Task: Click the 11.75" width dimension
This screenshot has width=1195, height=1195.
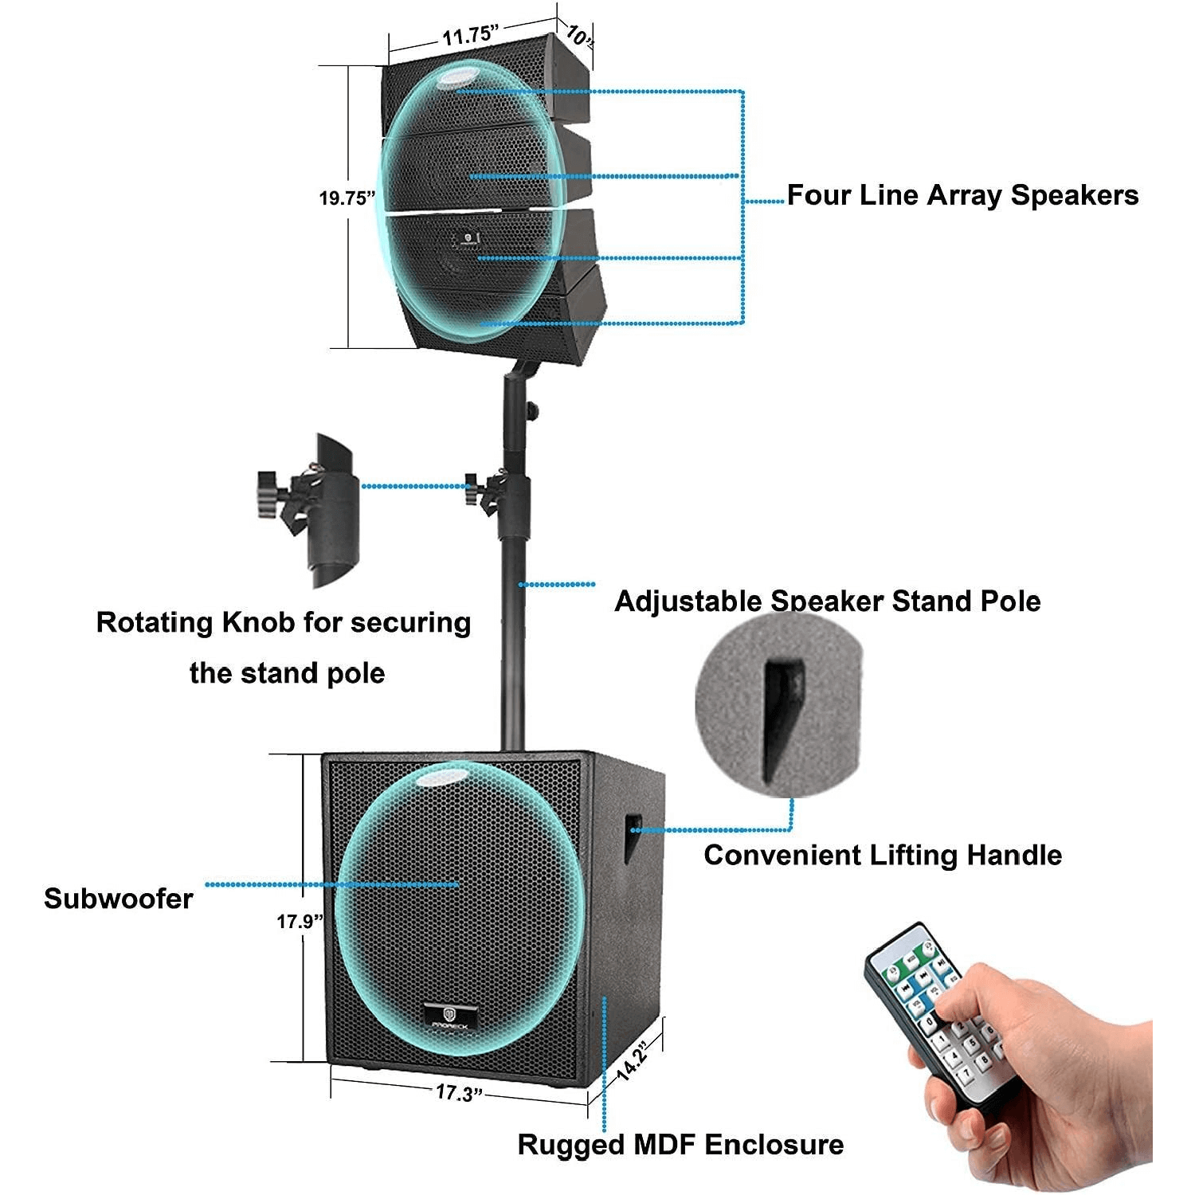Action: pos(470,35)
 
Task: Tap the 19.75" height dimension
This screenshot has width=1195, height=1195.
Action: pos(347,198)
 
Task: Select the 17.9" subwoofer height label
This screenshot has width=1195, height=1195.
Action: pos(300,922)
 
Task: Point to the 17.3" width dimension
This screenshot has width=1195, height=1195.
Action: pos(459,1092)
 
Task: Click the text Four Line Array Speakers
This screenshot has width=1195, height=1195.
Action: pos(962,195)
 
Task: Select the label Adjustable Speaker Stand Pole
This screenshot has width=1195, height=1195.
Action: pos(827,601)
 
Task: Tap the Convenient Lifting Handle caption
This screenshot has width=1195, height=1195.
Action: pos(883,856)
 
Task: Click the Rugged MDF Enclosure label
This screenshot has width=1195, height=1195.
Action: pos(680,1145)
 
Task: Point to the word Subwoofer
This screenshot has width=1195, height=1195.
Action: pos(119,899)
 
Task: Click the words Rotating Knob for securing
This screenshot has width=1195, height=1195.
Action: pos(284,623)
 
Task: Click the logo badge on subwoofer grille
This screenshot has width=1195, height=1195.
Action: pos(450,1017)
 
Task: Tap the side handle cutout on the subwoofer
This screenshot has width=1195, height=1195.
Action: pos(633,836)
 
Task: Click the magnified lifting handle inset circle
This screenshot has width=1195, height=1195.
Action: pos(779,705)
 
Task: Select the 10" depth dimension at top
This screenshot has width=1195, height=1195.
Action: pos(578,35)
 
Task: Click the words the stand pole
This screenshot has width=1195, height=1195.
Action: pos(287,674)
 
